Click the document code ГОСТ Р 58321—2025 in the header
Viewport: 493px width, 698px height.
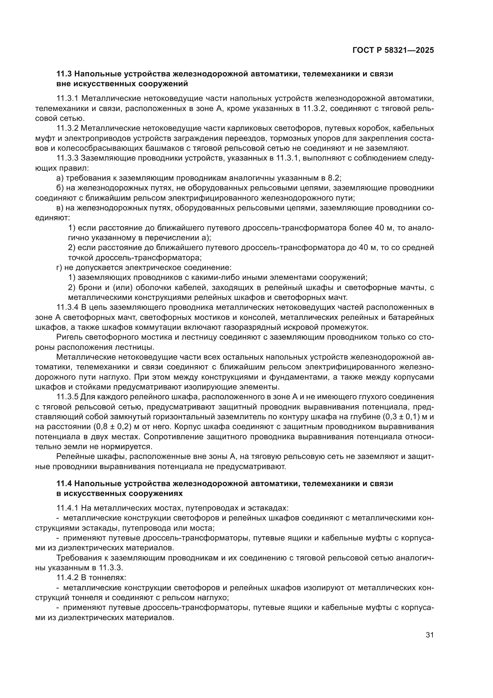393,50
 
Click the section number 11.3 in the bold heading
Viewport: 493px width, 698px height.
64,74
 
